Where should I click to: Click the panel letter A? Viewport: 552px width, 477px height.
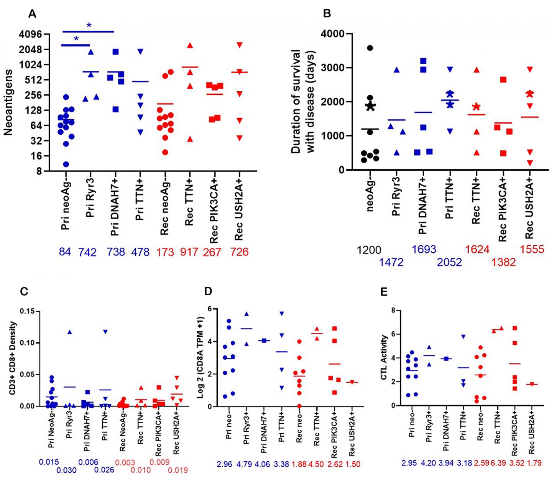click(x=32, y=14)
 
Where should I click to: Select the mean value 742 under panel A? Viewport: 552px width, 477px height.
click(x=87, y=252)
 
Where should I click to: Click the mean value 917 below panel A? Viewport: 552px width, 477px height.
click(x=189, y=252)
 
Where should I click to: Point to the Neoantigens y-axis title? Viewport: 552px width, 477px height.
click(x=8, y=102)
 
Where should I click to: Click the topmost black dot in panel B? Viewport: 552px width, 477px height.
click(x=370, y=48)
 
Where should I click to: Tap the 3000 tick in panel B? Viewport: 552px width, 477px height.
click(x=333, y=68)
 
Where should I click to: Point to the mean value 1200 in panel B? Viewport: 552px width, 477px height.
click(x=369, y=250)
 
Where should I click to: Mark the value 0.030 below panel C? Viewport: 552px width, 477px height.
click(x=66, y=470)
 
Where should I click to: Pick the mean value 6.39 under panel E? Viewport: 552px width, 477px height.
click(x=497, y=463)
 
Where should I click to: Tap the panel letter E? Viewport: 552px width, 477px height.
click(x=384, y=292)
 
